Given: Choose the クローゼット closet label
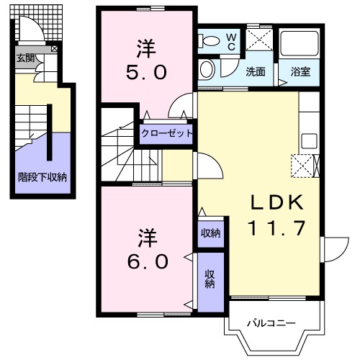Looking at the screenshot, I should click(167, 133).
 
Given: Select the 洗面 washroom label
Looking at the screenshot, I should click(256, 71).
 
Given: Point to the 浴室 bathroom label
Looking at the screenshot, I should click(300, 71).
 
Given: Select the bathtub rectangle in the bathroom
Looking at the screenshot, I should click(300, 45).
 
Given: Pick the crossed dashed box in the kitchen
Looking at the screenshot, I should click(301, 166).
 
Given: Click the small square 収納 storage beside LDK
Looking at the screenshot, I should click(211, 232).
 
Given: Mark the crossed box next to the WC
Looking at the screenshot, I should click(258, 40).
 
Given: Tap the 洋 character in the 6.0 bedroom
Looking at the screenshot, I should click(148, 236).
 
